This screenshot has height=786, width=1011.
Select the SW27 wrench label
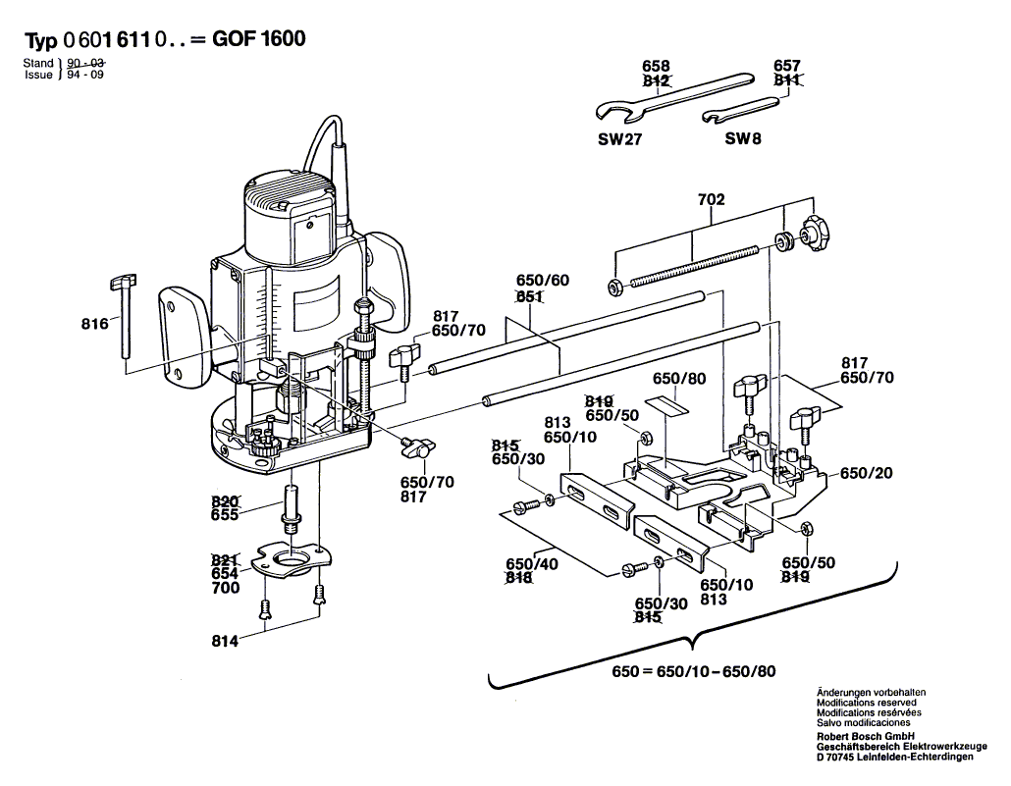coord(619,139)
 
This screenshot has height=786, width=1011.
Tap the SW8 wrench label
coord(743,139)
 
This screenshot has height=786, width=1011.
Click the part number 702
coord(712,200)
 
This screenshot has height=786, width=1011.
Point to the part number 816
coord(93,320)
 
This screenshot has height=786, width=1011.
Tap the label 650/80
coord(680,379)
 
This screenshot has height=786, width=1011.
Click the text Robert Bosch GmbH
coord(865,735)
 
